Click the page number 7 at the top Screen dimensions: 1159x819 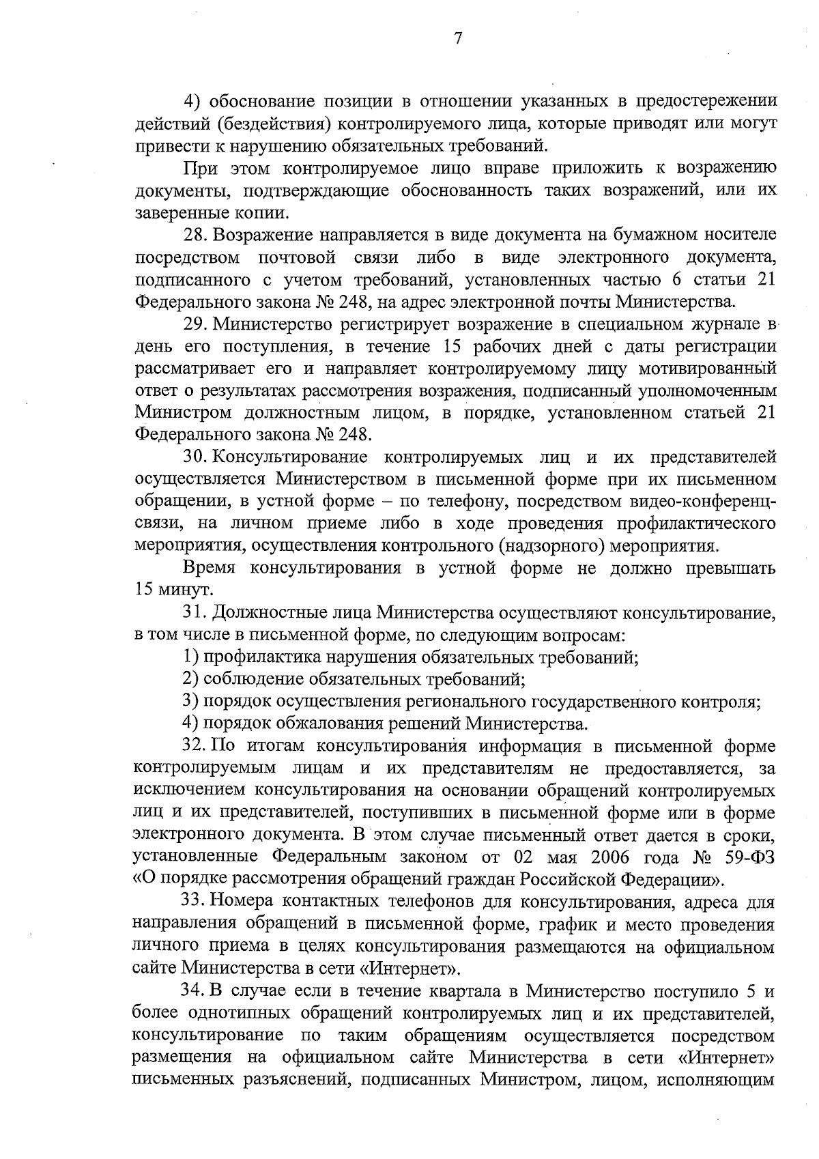click(458, 40)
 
